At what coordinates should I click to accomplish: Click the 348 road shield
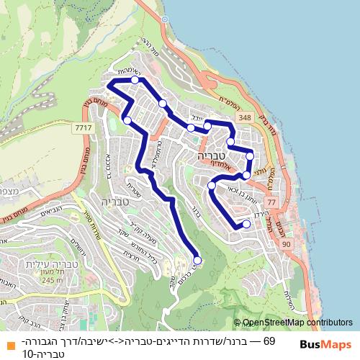(246, 117)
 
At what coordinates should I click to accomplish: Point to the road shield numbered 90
(286, 245)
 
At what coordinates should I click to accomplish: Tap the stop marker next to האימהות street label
(135, 80)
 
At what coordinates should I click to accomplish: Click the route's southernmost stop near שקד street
(197, 260)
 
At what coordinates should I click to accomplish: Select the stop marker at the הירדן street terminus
(246, 224)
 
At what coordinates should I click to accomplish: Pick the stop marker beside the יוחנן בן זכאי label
(212, 186)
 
